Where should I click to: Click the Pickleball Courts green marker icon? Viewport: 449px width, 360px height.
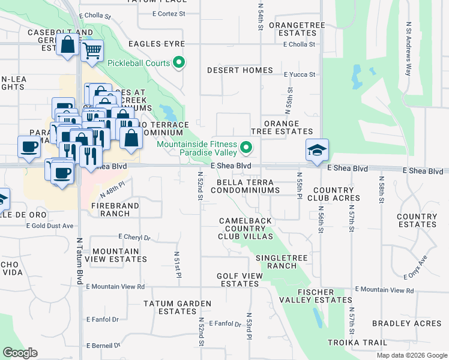pyautogui.click(x=178, y=62)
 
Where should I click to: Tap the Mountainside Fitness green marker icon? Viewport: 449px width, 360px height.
pyautogui.click(x=246, y=147)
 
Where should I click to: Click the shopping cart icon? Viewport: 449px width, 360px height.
pyautogui.click(x=92, y=51)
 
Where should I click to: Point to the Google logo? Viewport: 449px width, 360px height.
pyautogui.click(x=20, y=353)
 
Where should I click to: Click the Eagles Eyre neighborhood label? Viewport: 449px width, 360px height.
pyautogui.click(x=156, y=44)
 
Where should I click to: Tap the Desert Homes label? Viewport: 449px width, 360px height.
pyautogui.click(x=240, y=70)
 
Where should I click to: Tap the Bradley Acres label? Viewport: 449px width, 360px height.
pyautogui.click(x=399, y=323)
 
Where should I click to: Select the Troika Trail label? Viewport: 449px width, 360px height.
pyautogui.click(x=357, y=343)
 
